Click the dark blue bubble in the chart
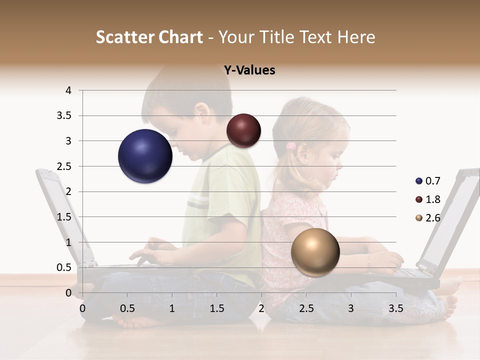pyautogui.click(x=145, y=156)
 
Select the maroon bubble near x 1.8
pyautogui.click(x=243, y=130)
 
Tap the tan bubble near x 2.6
pyautogui.click(x=315, y=252)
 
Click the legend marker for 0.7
pyautogui.click(x=418, y=181)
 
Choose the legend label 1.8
pyautogui.click(x=433, y=199)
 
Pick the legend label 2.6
pyautogui.click(x=433, y=218)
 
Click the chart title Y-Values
pyautogui.click(x=249, y=70)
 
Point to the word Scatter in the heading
pyautogui.click(x=124, y=37)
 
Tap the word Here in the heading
pyautogui.click(x=355, y=37)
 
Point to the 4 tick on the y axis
pyautogui.click(x=68, y=90)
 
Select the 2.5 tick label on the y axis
pyautogui.click(x=64, y=166)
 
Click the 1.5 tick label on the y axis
pyautogui.click(x=64, y=217)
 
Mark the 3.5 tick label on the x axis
pyautogui.click(x=395, y=308)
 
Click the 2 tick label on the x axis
pyautogui.click(x=261, y=308)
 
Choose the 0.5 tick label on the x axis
pyautogui.click(x=127, y=308)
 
